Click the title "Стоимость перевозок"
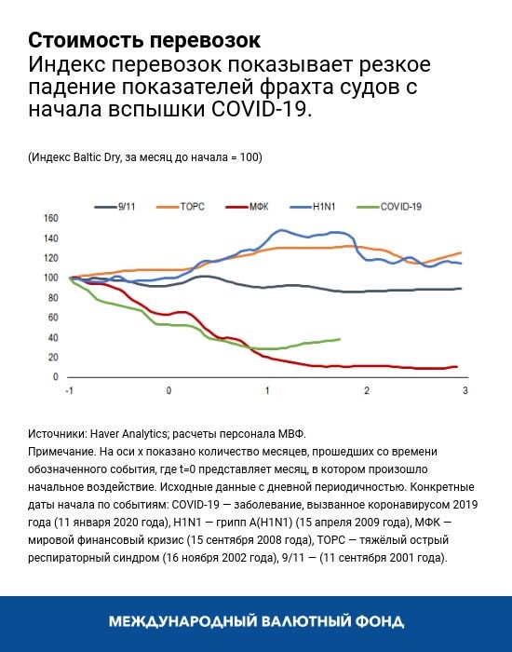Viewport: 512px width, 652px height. [x=144, y=41]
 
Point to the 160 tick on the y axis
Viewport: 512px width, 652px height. [x=51, y=218]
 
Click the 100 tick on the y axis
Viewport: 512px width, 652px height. [x=51, y=278]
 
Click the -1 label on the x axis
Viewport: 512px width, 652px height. [x=69, y=389]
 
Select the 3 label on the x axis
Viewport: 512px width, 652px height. [x=465, y=389]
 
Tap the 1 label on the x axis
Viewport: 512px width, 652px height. [x=267, y=389]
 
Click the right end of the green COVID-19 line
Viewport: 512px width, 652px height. [x=339, y=339]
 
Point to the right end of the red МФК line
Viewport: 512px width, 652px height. [x=456, y=367]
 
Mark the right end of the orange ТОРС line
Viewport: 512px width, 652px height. [x=461, y=252]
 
